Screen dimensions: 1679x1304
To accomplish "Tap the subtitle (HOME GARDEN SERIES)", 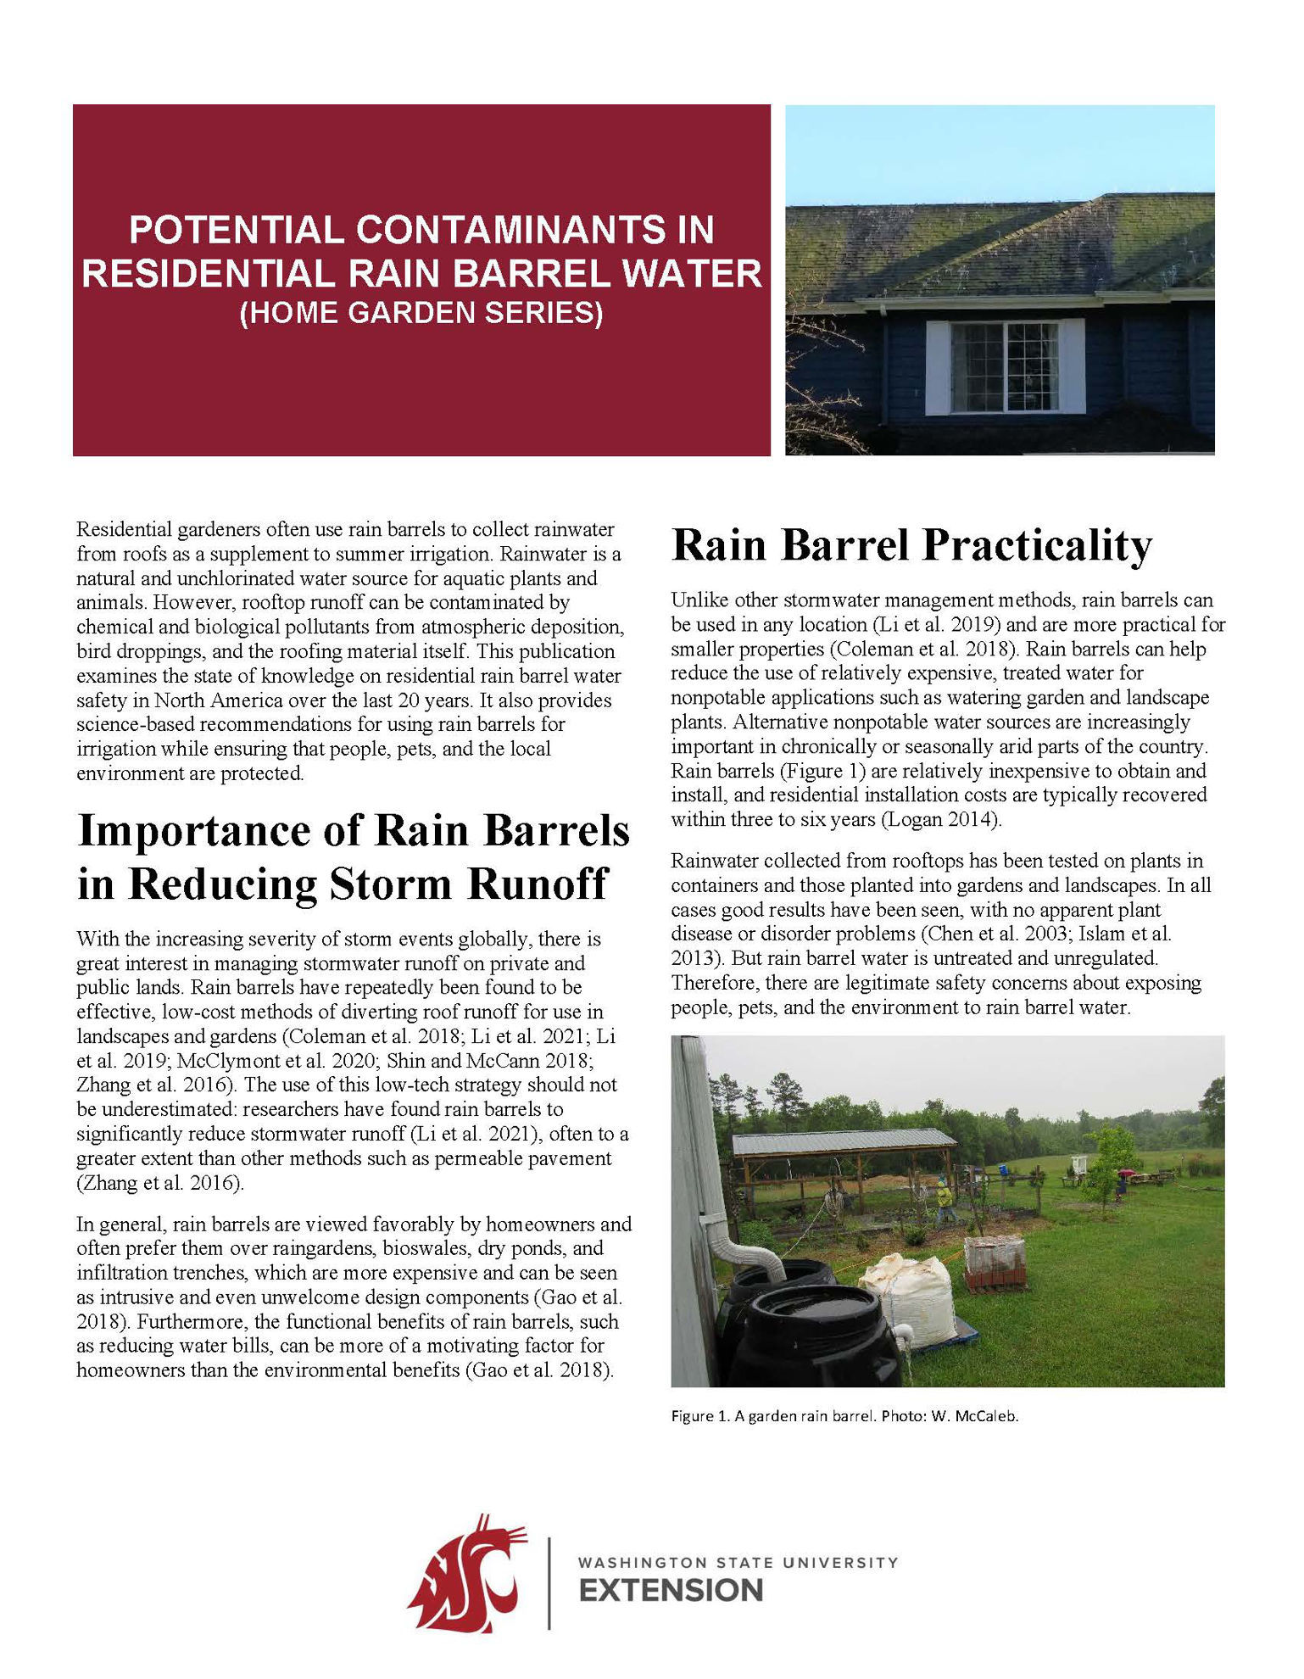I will click(421, 313).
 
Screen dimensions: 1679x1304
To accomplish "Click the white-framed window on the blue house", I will click(1005, 366).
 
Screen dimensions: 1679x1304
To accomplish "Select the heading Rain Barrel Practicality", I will click(911, 544).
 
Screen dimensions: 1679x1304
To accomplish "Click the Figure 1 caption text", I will click(844, 1416).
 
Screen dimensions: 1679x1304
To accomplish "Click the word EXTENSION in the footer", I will click(671, 1591).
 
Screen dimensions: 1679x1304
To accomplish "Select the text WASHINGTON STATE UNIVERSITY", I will click(738, 1562).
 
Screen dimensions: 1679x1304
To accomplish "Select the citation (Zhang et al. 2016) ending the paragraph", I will click(160, 1183).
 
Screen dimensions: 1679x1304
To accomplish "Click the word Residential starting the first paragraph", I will click(124, 530).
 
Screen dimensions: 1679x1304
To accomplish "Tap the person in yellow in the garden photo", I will click(944, 1198).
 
